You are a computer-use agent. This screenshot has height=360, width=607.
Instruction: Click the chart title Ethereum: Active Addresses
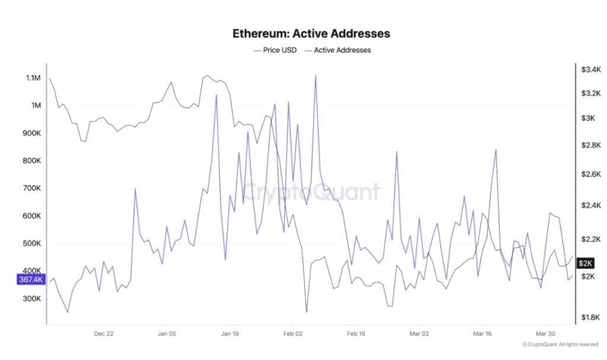click(311, 34)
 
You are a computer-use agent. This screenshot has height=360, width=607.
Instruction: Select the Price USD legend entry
click(275, 50)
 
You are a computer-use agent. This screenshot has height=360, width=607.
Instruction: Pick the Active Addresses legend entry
click(337, 50)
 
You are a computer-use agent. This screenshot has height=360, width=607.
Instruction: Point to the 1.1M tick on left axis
click(33, 78)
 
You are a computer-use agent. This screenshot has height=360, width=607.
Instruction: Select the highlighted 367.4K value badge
click(31, 280)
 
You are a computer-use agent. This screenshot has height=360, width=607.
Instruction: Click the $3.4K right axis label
click(591, 70)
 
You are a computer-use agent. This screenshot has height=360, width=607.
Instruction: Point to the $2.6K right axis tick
click(591, 174)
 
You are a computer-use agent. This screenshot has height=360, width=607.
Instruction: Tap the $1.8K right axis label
click(591, 318)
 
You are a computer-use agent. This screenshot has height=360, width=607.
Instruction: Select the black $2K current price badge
click(586, 263)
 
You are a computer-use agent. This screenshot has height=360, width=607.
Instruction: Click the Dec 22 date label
click(103, 333)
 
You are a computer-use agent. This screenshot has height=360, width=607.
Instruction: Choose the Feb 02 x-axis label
click(293, 333)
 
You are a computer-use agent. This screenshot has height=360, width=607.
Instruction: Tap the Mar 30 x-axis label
click(546, 333)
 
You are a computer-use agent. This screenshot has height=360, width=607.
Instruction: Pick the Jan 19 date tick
click(229, 333)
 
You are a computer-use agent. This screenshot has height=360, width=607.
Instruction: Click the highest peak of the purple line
click(315, 75)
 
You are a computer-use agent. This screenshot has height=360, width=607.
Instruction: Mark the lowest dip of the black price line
click(306, 312)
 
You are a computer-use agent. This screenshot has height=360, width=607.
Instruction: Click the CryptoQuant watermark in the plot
click(311, 193)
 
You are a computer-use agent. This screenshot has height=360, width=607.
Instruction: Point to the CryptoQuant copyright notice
click(560, 345)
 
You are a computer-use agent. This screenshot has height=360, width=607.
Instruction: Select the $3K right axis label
click(588, 119)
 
